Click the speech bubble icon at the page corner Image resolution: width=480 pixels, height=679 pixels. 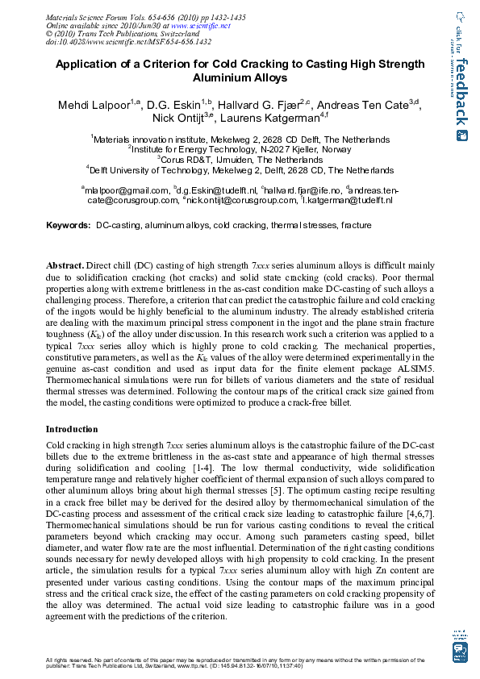461,651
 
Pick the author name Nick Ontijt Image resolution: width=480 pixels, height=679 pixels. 177,119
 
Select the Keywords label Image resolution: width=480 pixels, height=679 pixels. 67,225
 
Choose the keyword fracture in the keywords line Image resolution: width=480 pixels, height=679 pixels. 356,225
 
